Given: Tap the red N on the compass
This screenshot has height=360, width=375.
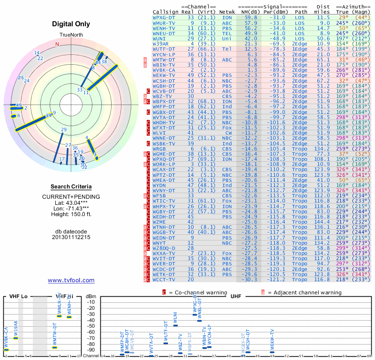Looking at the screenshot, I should click(57, 44).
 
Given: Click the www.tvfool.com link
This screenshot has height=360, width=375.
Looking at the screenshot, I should click(71, 280).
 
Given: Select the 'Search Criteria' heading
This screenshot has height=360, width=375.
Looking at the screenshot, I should click(71, 187).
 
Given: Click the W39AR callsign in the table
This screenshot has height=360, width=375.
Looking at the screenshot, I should click(162, 44).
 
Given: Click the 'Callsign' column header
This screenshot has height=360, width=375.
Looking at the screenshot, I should click(166, 11).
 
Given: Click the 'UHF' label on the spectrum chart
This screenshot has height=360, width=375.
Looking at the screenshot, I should click(236, 297).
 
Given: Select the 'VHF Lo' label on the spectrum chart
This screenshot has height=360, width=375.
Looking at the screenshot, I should click(18, 297).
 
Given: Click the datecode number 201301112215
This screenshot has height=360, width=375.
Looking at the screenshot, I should click(71, 237).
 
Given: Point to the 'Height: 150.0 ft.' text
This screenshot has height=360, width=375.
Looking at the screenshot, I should click(71, 214).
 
